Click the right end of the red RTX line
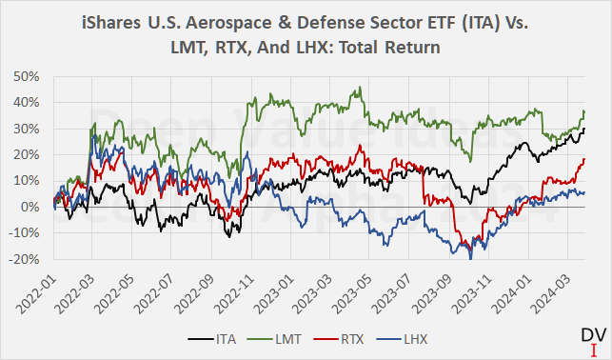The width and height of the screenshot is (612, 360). (583, 159)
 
